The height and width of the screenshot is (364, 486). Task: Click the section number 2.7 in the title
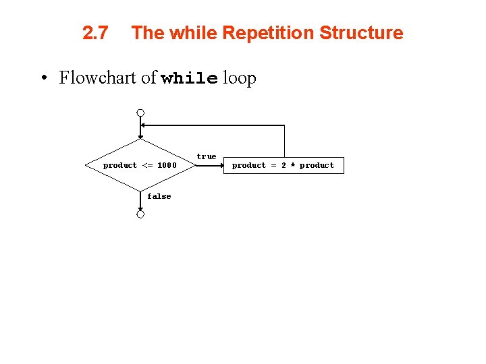pyautogui.click(x=94, y=33)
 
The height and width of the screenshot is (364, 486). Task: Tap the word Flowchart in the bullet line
pyautogui.click(x=99, y=78)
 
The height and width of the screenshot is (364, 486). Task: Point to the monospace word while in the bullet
pyautogui.click(x=190, y=79)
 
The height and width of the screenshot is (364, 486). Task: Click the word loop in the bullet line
pyautogui.click(x=240, y=79)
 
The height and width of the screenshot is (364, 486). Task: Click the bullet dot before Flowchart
pyautogui.click(x=43, y=78)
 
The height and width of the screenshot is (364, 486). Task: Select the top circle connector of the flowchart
pyautogui.click(x=140, y=113)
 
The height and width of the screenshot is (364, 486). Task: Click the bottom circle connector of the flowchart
pyautogui.click(x=140, y=214)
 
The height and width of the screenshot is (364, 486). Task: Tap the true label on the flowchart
pyautogui.click(x=207, y=156)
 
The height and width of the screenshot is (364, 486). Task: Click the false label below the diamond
pyautogui.click(x=159, y=196)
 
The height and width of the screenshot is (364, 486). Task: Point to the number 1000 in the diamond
pyautogui.click(x=167, y=165)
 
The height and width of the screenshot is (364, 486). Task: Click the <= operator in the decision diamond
pyautogui.click(x=147, y=165)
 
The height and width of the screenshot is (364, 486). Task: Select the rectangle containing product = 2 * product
pyautogui.click(x=283, y=165)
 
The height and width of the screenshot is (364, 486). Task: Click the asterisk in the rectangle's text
pyautogui.click(x=292, y=165)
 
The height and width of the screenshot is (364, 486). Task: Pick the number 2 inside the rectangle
pyautogui.click(x=283, y=165)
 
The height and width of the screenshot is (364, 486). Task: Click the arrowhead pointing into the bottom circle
pyautogui.click(x=140, y=208)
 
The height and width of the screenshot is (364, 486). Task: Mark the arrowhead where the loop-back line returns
pyautogui.click(x=144, y=125)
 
